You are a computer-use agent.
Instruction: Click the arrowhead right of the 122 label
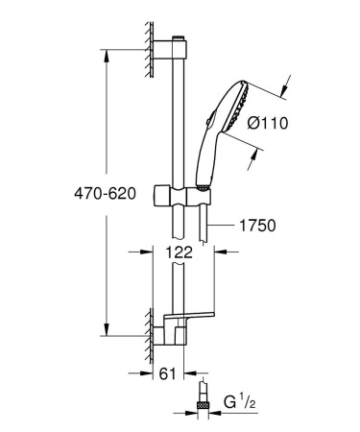[217, 252]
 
